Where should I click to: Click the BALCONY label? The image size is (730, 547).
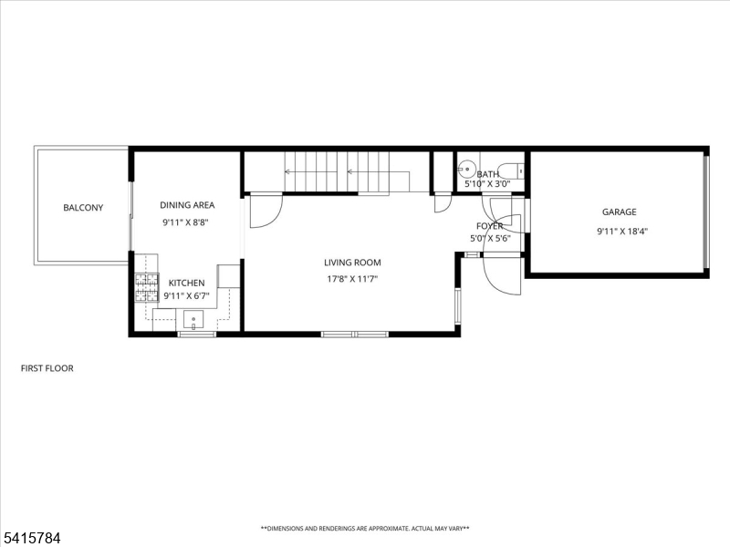pyautogui.click(x=83, y=208)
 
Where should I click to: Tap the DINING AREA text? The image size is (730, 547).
pyautogui.click(x=187, y=205)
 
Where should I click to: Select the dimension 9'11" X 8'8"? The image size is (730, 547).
pyautogui.click(x=187, y=222)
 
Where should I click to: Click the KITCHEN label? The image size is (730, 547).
pyautogui.click(x=187, y=284)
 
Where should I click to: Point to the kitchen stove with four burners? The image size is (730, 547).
pyautogui.click(x=146, y=287)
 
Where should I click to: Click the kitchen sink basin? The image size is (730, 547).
pyautogui.click(x=193, y=320)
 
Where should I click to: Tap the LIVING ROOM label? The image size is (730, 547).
pyautogui.click(x=352, y=263)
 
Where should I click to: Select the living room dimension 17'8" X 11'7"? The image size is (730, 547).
pyautogui.click(x=352, y=279)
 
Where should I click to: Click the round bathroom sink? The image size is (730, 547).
pyautogui.click(x=465, y=169)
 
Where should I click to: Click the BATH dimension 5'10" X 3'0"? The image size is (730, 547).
pyautogui.click(x=488, y=184)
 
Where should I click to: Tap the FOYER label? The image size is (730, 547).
pyautogui.click(x=489, y=226)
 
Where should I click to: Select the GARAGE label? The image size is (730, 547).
pyautogui.click(x=619, y=212)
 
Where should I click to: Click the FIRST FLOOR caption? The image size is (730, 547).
pyautogui.click(x=47, y=368)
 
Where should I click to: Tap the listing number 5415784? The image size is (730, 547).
pyautogui.click(x=31, y=538)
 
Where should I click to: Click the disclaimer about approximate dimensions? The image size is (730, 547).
pyautogui.click(x=365, y=528)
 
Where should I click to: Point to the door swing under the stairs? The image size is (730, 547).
pyautogui.click(x=265, y=209)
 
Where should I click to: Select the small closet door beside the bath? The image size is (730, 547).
pyautogui.click(x=443, y=201)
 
